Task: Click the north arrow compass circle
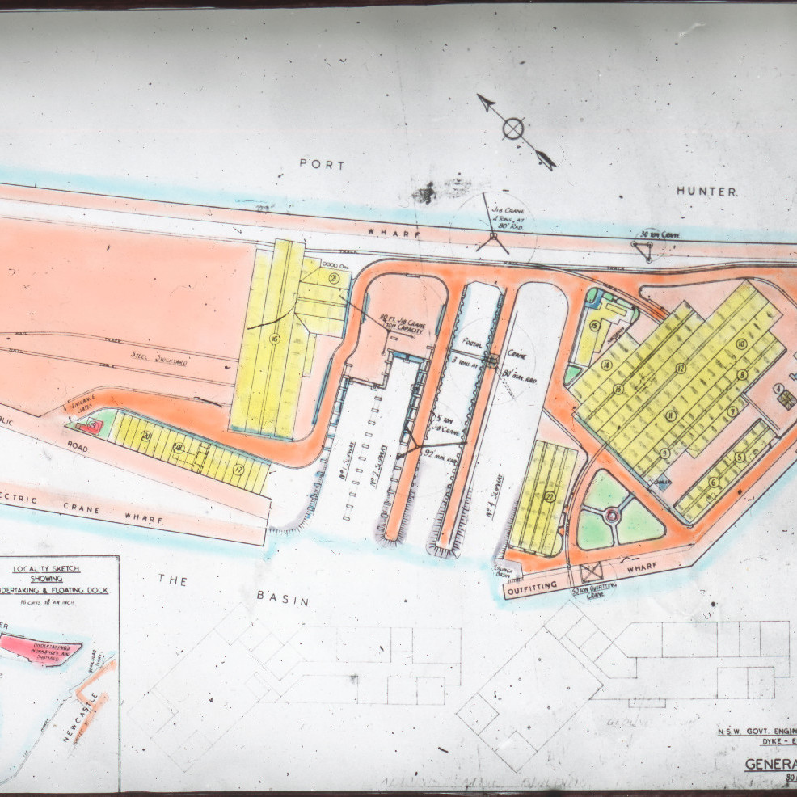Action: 514,129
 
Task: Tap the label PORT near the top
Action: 322,164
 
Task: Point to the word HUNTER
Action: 707,192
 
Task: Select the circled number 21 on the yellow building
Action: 333,279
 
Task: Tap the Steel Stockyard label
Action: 160,356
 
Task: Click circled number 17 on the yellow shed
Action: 239,466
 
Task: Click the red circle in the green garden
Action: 612,514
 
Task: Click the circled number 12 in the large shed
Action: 681,369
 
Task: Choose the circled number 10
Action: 740,344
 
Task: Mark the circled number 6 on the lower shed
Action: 714,482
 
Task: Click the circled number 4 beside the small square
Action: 778,389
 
